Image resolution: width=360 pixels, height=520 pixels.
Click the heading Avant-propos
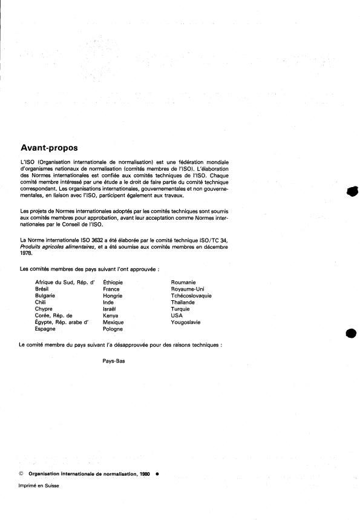tap(49, 147)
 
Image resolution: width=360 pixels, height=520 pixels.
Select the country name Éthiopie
tap(114, 283)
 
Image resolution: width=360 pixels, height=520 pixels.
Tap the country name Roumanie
tap(183, 283)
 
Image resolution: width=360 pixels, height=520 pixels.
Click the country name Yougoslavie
tap(186, 322)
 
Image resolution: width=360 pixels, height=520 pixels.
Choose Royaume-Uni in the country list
tap(188, 289)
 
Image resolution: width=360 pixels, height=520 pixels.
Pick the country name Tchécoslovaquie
tap(191, 296)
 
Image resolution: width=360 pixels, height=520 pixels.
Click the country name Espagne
tap(47, 329)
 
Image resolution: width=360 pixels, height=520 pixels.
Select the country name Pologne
tap(113, 329)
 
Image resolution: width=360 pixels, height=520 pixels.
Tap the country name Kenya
tap(111, 315)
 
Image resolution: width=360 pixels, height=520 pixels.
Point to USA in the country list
tap(177, 315)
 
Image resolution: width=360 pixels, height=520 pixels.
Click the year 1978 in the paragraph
tap(26, 254)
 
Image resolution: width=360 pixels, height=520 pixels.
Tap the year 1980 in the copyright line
tap(143, 475)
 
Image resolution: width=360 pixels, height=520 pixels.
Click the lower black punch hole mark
tap(351, 334)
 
